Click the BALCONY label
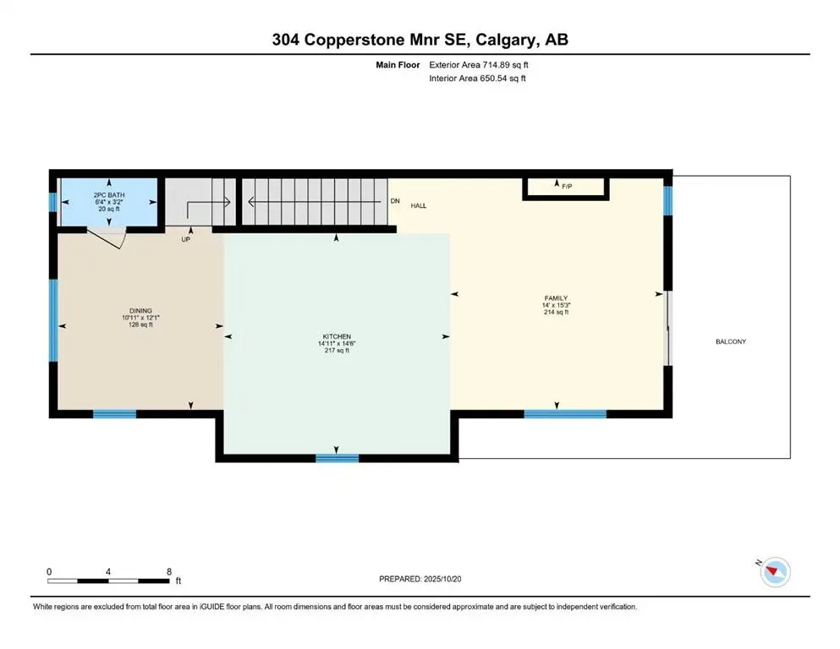point(731,341)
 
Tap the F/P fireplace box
point(565,188)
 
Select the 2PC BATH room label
point(109,195)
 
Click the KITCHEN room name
point(337,336)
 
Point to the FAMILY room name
point(556,297)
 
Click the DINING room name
point(140,311)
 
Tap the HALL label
point(419,205)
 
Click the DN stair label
point(394,201)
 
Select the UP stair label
point(186,239)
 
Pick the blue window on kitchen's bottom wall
point(337,458)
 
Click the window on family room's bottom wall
point(565,414)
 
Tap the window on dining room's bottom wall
point(114,414)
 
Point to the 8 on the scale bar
point(169,571)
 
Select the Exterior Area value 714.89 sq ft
point(510,64)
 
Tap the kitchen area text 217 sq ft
point(337,351)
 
